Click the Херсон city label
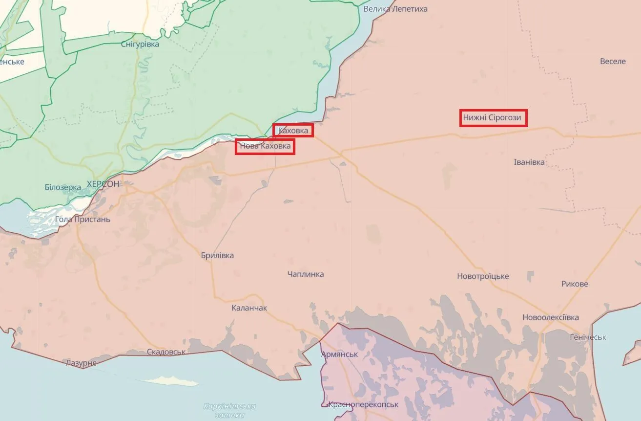(x=103, y=184)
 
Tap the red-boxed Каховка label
(x=293, y=131)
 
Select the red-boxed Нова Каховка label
(x=265, y=146)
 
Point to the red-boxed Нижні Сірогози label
(x=493, y=118)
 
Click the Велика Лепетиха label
(x=395, y=9)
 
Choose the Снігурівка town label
(x=140, y=44)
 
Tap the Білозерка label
(x=62, y=187)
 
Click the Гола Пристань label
(x=83, y=219)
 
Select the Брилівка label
(x=217, y=255)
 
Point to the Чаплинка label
(x=306, y=274)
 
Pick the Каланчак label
(x=249, y=308)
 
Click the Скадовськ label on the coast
(x=166, y=352)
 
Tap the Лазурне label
(x=81, y=363)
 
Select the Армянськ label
(x=339, y=354)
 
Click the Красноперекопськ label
(x=363, y=404)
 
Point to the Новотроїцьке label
(x=483, y=276)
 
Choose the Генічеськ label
(x=588, y=337)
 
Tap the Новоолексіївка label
(x=551, y=317)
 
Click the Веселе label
(x=613, y=61)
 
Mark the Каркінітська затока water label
(x=229, y=410)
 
